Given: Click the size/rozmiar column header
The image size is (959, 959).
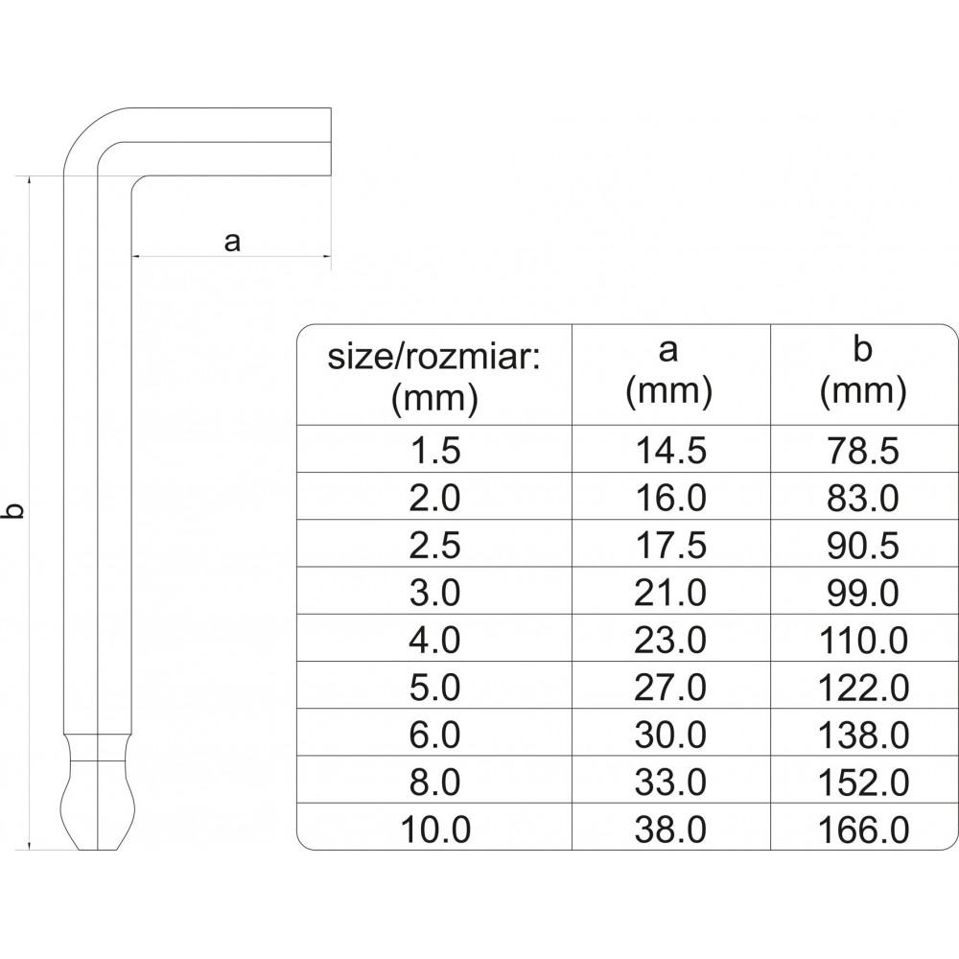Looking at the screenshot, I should (434, 376).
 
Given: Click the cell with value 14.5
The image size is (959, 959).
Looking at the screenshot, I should (669, 450).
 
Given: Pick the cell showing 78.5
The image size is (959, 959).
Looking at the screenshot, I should (863, 450).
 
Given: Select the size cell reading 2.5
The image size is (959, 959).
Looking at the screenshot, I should (434, 545).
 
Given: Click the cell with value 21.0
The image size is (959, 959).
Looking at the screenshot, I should (669, 592).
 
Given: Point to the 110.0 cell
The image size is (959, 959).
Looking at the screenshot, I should (863, 639).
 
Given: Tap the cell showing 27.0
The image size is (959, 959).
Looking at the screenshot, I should (669, 687).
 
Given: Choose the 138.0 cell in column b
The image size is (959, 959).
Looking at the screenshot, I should (863, 735).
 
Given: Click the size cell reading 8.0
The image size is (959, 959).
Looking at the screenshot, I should (434, 783).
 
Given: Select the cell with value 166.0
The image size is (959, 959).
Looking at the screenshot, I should (863, 829).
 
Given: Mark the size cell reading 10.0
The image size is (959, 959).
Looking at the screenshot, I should (434, 829).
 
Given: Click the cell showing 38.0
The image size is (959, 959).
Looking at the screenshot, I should (669, 829).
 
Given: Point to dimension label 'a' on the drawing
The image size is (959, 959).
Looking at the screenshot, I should (231, 241).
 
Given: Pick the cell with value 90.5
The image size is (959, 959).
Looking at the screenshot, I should (863, 545).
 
